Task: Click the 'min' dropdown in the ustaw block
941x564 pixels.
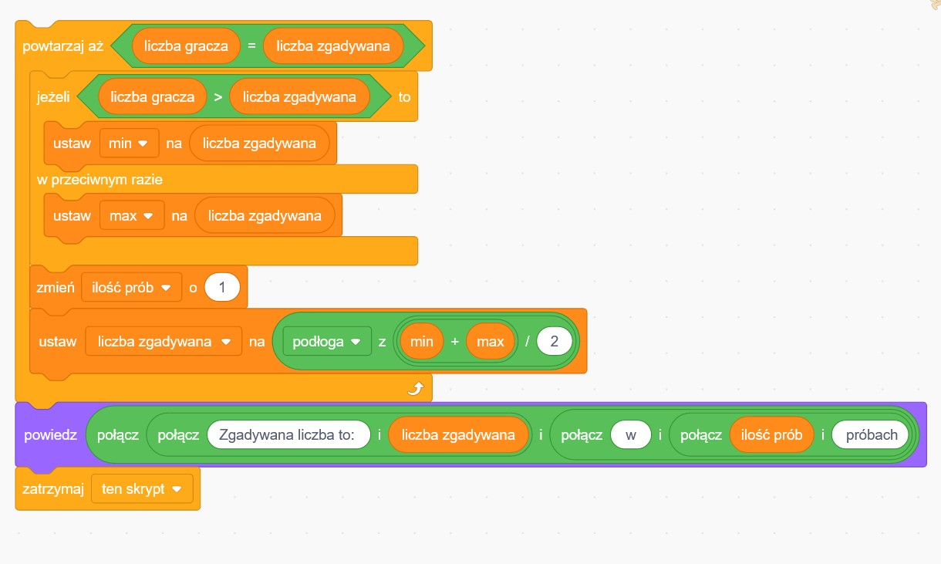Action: (129, 144)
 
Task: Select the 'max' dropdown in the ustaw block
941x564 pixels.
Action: (132, 216)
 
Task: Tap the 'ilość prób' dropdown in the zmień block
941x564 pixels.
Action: (131, 288)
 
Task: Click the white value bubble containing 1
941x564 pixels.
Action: (222, 288)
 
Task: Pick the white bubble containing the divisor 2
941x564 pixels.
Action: (554, 341)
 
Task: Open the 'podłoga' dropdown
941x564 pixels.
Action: (327, 341)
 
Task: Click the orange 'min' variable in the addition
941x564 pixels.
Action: (422, 341)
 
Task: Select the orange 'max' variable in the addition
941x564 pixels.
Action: (491, 341)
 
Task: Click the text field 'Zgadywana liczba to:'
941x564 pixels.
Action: (286, 435)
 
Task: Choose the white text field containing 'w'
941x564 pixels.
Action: (631, 435)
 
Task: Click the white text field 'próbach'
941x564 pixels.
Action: (872, 435)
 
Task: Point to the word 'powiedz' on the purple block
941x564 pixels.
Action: (50, 435)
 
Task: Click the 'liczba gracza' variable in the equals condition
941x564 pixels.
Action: (185, 46)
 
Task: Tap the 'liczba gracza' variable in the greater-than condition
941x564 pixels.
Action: (152, 97)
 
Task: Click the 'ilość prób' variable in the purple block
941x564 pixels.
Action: (771, 435)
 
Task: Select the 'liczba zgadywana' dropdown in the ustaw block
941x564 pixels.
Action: (164, 341)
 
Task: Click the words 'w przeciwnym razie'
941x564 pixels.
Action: (99, 180)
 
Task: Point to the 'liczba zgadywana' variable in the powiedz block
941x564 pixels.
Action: (458, 435)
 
